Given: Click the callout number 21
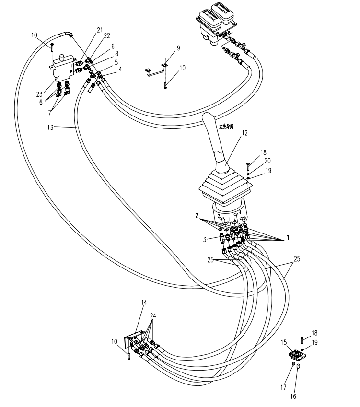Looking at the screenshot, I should coord(100,30).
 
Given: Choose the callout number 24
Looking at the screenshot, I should coord(152,316).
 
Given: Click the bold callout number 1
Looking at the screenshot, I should coord(288,238).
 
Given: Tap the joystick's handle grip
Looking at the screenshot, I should coord(211,129).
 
